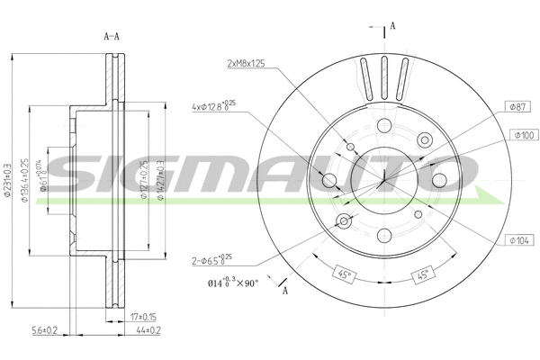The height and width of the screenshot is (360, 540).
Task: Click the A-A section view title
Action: point(113,36)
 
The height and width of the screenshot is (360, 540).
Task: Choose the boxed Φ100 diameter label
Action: point(521,135)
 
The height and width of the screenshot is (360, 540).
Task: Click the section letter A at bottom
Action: point(285,291)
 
